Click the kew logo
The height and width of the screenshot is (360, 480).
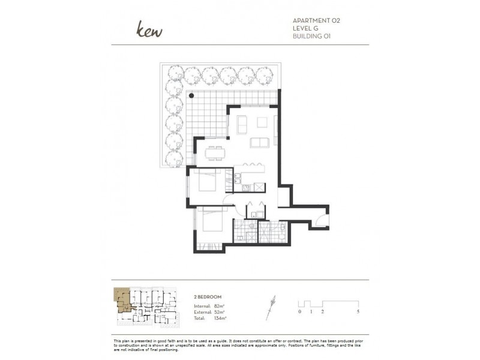pyautogui.click(x=149, y=29)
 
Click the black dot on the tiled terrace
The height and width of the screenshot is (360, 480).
pyautogui.click(x=192, y=95)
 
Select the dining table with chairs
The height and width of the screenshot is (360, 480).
pyautogui.click(x=214, y=152)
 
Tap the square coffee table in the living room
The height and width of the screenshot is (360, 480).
pyautogui.click(x=262, y=122)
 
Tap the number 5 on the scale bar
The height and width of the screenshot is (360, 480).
pyautogui.click(x=358, y=312)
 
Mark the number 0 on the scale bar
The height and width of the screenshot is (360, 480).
pyautogui.click(x=299, y=312)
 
